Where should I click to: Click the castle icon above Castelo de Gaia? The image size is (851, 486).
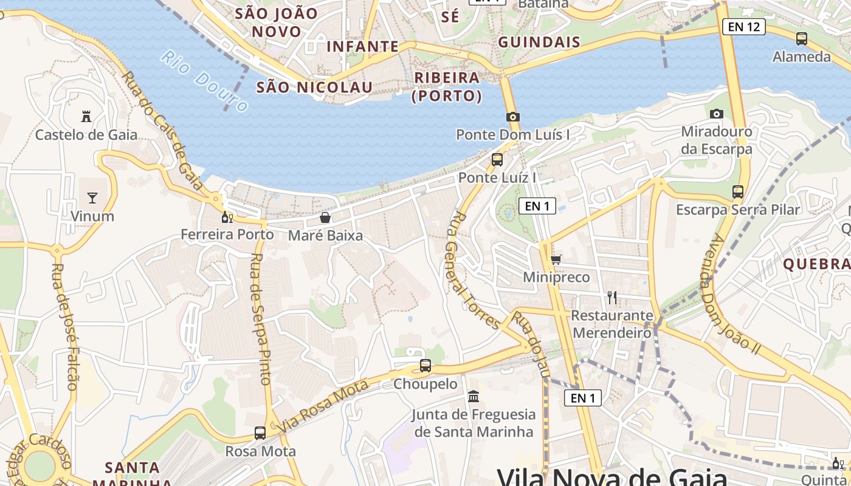click(86, 116)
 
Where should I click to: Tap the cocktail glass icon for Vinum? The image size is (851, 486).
click(92, 197)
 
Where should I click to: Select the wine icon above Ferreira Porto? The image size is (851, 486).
click(227, 217)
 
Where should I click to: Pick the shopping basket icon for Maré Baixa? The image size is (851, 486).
click(325, 217)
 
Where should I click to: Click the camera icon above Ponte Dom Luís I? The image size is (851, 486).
click(512, 117)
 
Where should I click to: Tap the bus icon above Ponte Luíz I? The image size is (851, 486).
click(497, 160)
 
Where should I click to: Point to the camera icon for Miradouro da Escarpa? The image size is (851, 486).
click(717, 114)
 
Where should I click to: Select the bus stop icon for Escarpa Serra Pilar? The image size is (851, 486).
click(738, 192)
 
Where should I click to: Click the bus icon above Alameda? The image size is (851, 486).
click(802, 39)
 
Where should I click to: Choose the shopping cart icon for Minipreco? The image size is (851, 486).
click(556, 259)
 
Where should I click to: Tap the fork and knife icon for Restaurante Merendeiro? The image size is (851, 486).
click(612, 298)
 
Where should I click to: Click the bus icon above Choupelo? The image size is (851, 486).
click(425, 366)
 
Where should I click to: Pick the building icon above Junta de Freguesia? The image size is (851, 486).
click(474, 397)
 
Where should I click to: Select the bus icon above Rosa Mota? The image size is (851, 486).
click(260, 433)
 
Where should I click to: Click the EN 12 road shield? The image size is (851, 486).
click(743, 27)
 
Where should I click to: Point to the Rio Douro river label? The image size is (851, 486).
click(205, 81)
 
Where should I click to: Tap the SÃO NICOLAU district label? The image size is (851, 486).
click(314, 87)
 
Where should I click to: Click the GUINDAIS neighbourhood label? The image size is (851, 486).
click(539, 42)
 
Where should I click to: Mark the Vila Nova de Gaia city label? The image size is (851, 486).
click(612, 476)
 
